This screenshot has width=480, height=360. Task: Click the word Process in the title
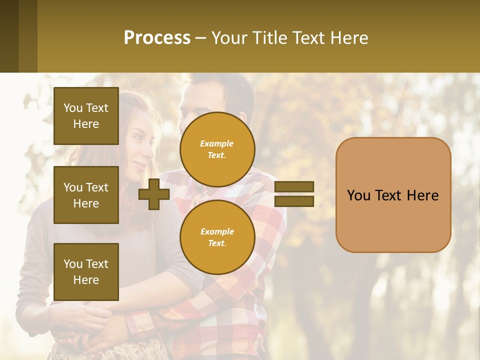pos(157,37)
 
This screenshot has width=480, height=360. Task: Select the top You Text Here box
pos(86,116)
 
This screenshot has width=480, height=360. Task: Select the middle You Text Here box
pos(86,195)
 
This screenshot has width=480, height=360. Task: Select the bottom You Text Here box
pos(86,272)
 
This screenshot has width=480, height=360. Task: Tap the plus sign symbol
pos(154,194)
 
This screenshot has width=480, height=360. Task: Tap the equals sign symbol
pos(294,194)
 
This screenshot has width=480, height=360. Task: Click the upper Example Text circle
pos(217,149)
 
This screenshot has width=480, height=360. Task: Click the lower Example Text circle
pos(217,237)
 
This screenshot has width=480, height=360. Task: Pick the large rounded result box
pos(393,195)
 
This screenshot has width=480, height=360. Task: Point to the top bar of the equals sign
pos(294,186)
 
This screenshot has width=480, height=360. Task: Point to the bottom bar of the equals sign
pos(294,201)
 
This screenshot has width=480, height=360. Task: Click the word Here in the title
pos(348,37)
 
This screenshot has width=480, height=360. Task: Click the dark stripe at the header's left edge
pos(9,36)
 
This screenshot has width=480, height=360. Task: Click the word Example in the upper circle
pos(217,143)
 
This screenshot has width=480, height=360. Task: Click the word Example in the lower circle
pos(217,231)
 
